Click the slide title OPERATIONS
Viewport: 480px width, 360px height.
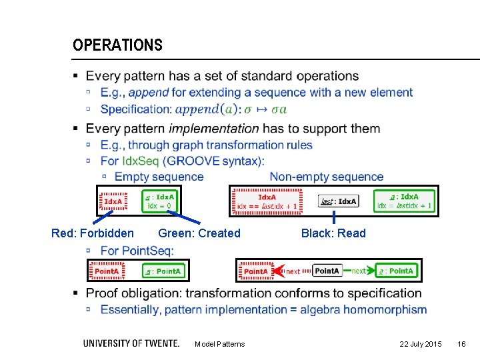117,45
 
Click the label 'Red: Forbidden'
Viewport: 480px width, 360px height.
92,233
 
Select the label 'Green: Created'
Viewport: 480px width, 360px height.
199,233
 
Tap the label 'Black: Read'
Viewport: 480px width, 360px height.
333,233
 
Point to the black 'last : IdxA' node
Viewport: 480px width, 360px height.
338,201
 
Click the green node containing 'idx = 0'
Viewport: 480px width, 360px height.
160,201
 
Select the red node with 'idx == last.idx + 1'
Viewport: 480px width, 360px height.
267,201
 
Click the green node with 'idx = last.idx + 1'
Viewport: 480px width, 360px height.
405,201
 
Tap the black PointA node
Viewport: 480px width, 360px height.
327,271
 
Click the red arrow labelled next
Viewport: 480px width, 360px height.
292,271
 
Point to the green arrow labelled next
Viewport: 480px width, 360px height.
359,271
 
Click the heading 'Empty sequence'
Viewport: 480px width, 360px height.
159,177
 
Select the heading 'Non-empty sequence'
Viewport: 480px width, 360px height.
326,177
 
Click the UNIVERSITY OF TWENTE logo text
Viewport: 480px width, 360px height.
131,343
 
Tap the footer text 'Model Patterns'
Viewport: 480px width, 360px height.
219,344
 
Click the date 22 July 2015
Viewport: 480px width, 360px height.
420,344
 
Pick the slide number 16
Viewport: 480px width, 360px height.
461,344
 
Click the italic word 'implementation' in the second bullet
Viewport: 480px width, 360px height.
213,128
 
